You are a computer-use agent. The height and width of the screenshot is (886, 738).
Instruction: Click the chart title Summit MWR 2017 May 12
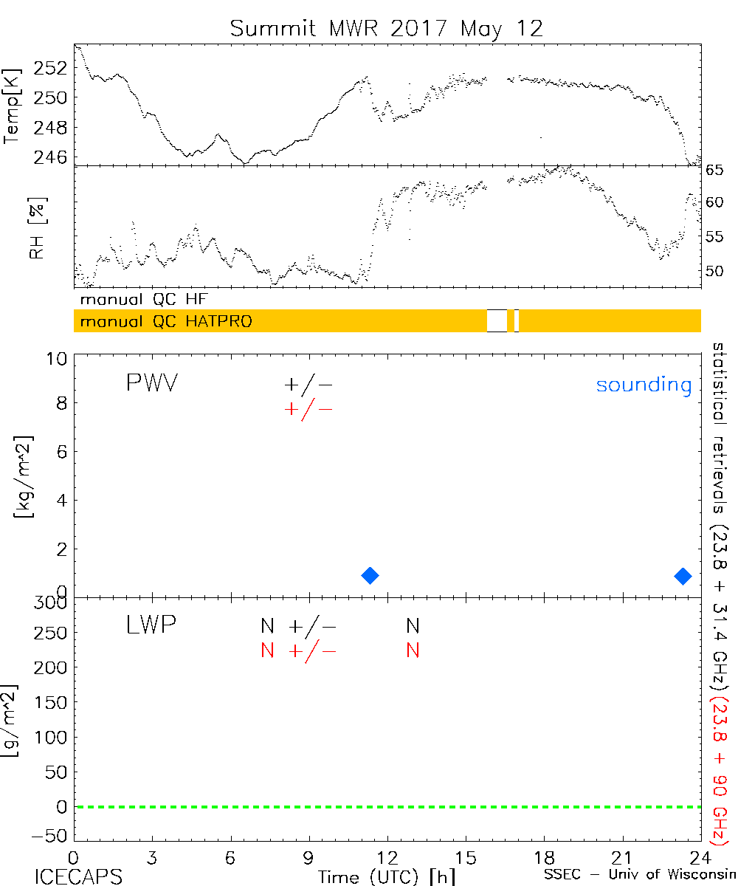pyautogui.click(x=386, y=28)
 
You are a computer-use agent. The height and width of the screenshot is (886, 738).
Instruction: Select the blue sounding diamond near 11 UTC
pyautogui.click(x=370, y=575)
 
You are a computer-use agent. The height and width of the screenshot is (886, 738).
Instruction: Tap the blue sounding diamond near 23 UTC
pyautogui.click(x=683, y=575)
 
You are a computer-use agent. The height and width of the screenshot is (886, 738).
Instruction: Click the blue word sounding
pyautogui.click(x=644, y=385)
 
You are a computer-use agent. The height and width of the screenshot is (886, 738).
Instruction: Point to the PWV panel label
pyautogui.click(x=151, y=384)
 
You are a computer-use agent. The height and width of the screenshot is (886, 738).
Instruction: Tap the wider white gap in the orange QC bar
pyautogui.click(x=497, y=321)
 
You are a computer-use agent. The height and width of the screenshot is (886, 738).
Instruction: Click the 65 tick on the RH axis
pyautogui.click(x=715, y=171)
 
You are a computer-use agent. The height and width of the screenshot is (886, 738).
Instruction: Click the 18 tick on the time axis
pyautogui.click(x=544, y=858)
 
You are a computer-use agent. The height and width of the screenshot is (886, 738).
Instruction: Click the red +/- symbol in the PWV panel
pyautogui.click(x=308, y=409)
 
